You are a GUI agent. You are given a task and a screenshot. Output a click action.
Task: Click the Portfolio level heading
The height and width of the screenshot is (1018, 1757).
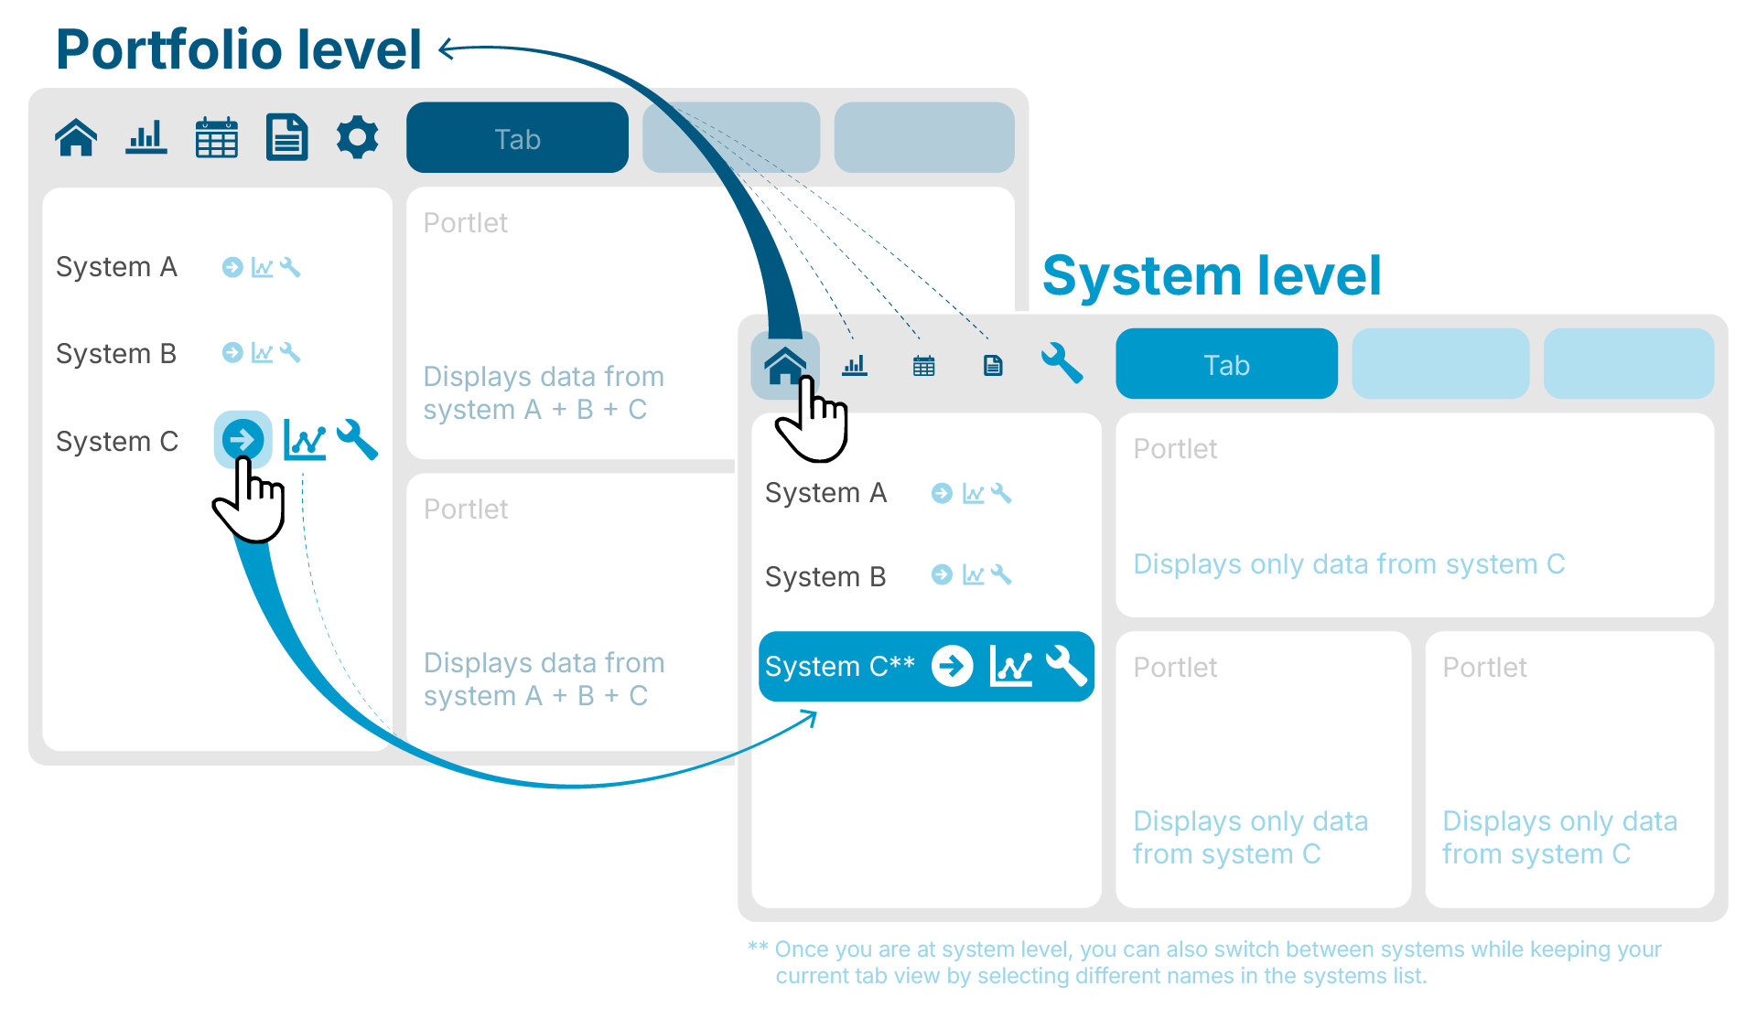click(x=238, y=49)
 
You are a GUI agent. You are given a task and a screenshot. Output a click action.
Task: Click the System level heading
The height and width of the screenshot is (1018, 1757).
click(x=1211, y=275)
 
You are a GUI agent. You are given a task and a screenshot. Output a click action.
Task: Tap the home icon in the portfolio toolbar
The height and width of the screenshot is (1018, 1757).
click(x=76, y=138)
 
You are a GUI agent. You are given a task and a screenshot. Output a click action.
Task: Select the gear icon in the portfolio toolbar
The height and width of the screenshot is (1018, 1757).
click(x=357, y=138)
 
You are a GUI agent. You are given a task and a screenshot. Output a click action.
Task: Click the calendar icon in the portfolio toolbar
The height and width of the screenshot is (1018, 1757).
click(x=217, y=138)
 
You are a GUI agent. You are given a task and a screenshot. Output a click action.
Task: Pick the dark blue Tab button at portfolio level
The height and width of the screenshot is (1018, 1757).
click(x=517, y=138)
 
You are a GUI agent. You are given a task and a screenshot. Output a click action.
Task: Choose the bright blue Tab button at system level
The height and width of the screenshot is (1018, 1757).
click(x=1225, y=364)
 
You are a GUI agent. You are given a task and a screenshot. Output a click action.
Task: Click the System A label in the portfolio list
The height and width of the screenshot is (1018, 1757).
click(x=116, y=267)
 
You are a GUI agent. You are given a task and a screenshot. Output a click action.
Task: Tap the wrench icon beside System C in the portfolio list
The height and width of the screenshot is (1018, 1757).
click(x=358, y=440)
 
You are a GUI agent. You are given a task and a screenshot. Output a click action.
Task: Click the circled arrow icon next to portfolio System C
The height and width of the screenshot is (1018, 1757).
click(x=243, y=440)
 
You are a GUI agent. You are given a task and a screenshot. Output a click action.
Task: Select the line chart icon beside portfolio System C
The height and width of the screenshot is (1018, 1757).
click(x=305, y=440)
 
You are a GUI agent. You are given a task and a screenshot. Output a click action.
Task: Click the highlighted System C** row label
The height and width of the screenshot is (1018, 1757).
click(x=839, y=667)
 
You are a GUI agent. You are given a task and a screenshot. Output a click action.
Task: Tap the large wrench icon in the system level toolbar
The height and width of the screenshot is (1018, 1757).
click(x=1062, y=363)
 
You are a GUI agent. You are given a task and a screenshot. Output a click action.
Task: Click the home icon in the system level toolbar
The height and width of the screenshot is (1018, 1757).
click(x=785, y=366)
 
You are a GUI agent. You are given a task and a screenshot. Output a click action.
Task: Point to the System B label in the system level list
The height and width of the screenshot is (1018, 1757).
click(x=825, y=577)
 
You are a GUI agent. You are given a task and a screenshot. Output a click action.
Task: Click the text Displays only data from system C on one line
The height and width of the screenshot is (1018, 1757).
click(x=1348, y=564)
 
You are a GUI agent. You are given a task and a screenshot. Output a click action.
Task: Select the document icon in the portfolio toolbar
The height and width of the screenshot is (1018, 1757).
click(x=286, y=138)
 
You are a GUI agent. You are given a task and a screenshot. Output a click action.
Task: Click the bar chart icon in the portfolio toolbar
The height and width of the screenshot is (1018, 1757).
click(x=146, y=138)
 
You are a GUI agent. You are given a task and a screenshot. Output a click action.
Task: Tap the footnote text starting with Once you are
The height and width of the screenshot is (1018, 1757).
click(x=1217, y=962)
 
